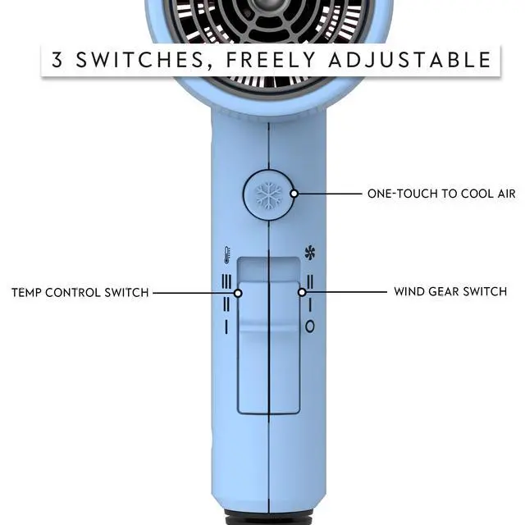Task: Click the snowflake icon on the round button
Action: [x=268, y=195]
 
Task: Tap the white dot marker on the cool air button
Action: [x=294, y=194]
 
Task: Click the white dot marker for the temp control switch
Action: [x=238, y=294]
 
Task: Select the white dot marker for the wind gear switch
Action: [x=302, y=292]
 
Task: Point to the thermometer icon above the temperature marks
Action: [x=227, y=255]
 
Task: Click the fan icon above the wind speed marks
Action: [x=310, y=253]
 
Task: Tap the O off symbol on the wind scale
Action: [x=310, y=326]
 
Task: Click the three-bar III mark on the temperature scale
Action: [x=226, y=281]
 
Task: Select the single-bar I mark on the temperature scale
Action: [x=226, y=326]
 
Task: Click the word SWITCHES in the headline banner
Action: [x=140, y=60]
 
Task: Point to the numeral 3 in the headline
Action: [x=57, y=60]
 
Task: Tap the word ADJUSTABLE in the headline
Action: [x=410, y=60]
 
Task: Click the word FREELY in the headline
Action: [x=271, y=60]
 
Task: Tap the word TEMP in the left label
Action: [x=26, y=293]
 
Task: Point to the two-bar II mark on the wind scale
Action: [x=310, y=281]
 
